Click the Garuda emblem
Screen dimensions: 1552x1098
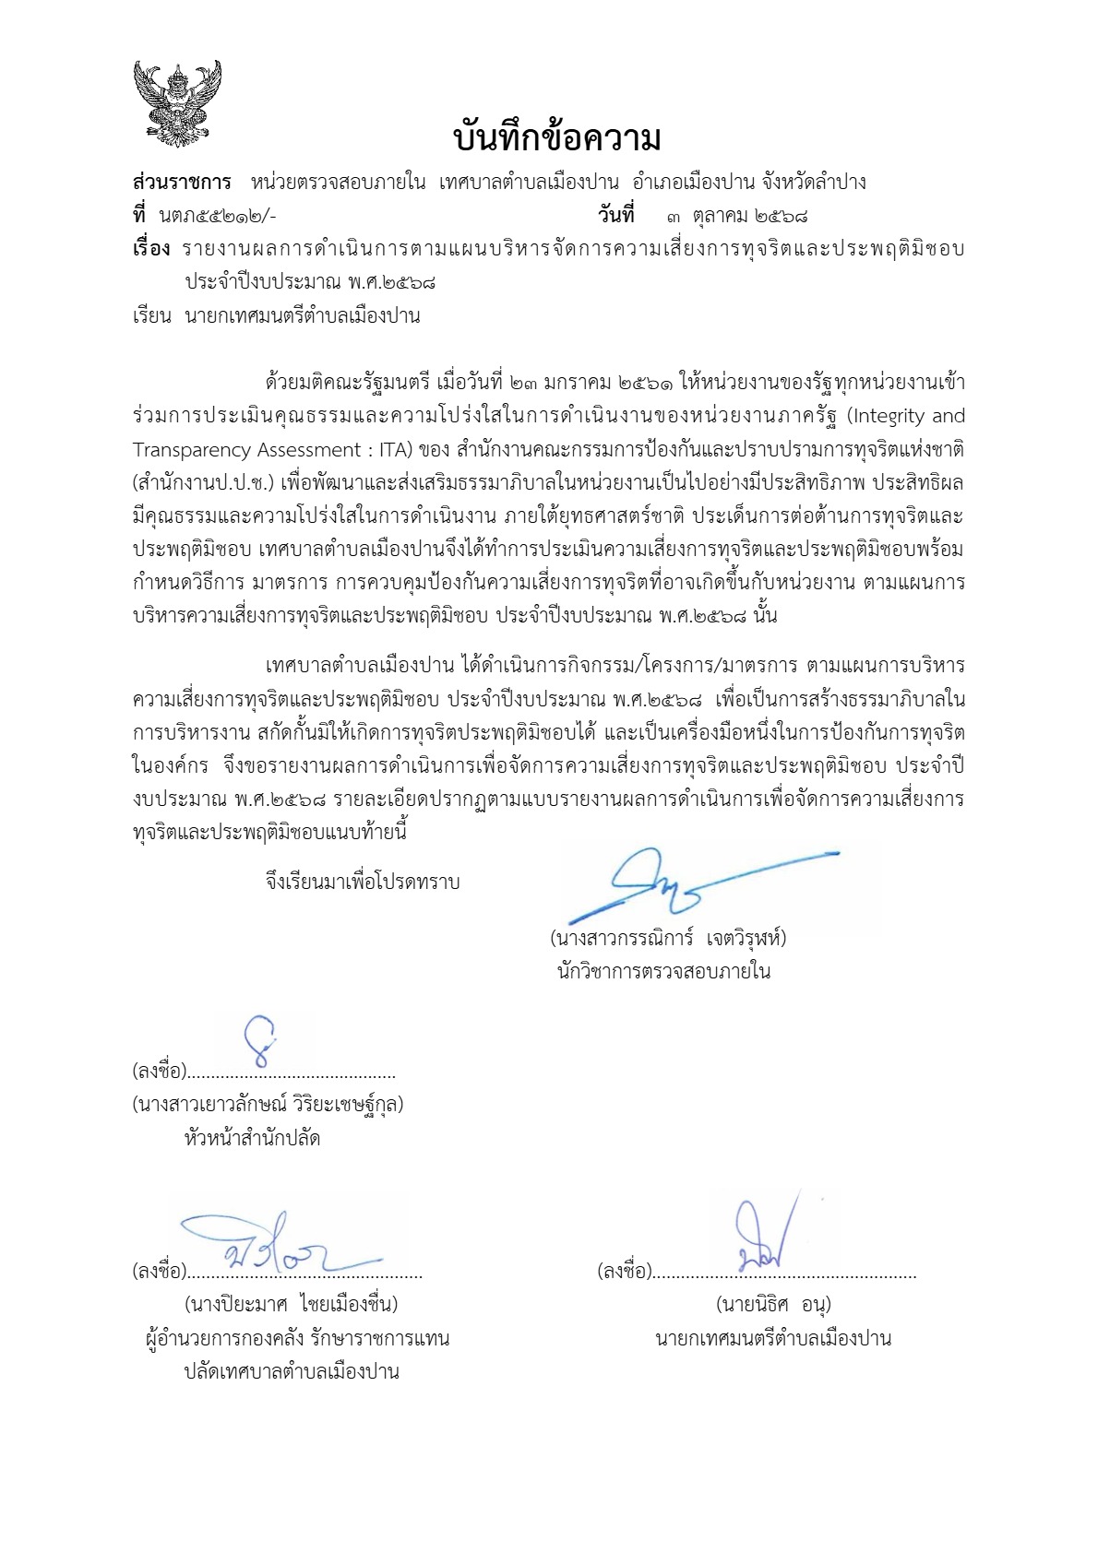(177, 103)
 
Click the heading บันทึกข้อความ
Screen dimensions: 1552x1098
(558, 139)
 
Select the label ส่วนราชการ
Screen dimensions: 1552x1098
(182, 182)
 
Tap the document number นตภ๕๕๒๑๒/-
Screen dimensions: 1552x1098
(218, 216)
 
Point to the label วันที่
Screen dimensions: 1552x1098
(615, 216)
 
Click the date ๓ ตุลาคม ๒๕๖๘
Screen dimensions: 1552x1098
(737, 216)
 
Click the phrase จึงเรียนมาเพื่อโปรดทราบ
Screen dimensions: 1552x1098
(362, 882)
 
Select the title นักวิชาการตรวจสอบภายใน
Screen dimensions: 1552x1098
(663, 971)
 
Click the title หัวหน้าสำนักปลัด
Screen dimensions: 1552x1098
(252, 1138)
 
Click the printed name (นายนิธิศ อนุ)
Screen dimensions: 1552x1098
(773, 1305)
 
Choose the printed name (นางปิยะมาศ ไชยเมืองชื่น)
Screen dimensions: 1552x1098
(292, 1305)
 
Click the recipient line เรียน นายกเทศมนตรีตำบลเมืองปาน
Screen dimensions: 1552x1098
(276, 316)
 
